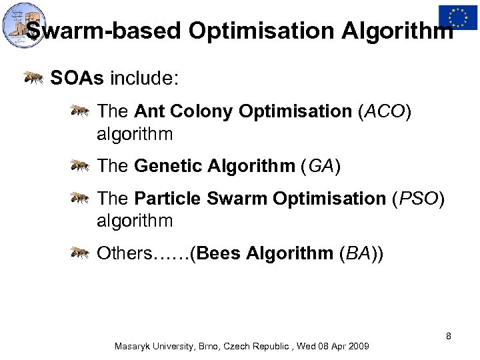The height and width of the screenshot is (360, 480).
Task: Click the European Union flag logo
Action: (458, 16)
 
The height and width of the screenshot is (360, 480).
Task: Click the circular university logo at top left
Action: (24, 25)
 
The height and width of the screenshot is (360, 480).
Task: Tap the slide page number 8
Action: (449, 335)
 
